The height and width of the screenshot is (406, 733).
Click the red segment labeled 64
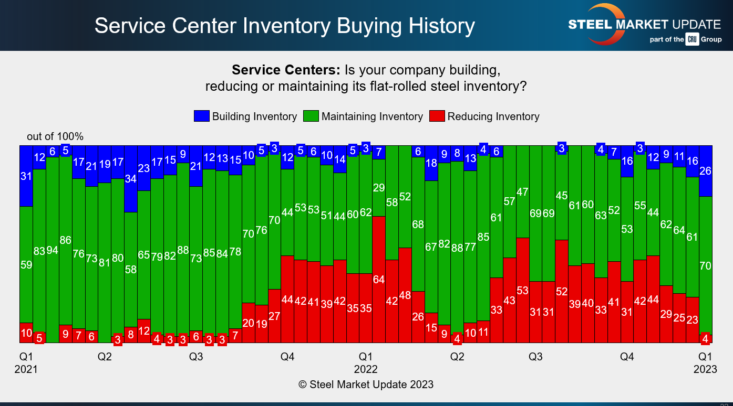click(x=379, y=279)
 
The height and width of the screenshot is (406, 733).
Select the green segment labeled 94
click(x=53, y=250)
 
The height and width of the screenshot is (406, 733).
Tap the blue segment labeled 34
click(x=131, y=179)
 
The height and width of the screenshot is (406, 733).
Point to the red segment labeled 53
click(x=522, y=290)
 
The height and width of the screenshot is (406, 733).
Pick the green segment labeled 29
click(x=379, y=188)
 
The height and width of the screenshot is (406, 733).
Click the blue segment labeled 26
click(x=705, y=171)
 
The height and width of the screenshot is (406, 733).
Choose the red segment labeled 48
click(x=405, y=295)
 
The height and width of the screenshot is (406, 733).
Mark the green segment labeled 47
click(x=522, y=192)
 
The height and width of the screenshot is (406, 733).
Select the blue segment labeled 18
click(x=431, y=163)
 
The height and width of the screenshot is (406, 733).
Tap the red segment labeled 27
click(x=274, y=316)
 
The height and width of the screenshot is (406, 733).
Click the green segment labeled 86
click(x=66, y=240)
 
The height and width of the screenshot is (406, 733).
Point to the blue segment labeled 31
click(x=26, y=176)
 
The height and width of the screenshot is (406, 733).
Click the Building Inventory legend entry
click(x=245, y=116)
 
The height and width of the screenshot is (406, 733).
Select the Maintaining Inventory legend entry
click(x=364, y=116)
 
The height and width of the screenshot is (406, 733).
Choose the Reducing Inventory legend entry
click(x=484, y=116)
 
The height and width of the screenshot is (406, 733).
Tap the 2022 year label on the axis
click(x=366, y=369)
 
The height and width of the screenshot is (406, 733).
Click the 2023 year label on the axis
click(x=705, y=369)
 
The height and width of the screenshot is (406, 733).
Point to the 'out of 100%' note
click(x=55, y=136)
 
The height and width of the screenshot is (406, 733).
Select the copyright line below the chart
click(x=366, y=384)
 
